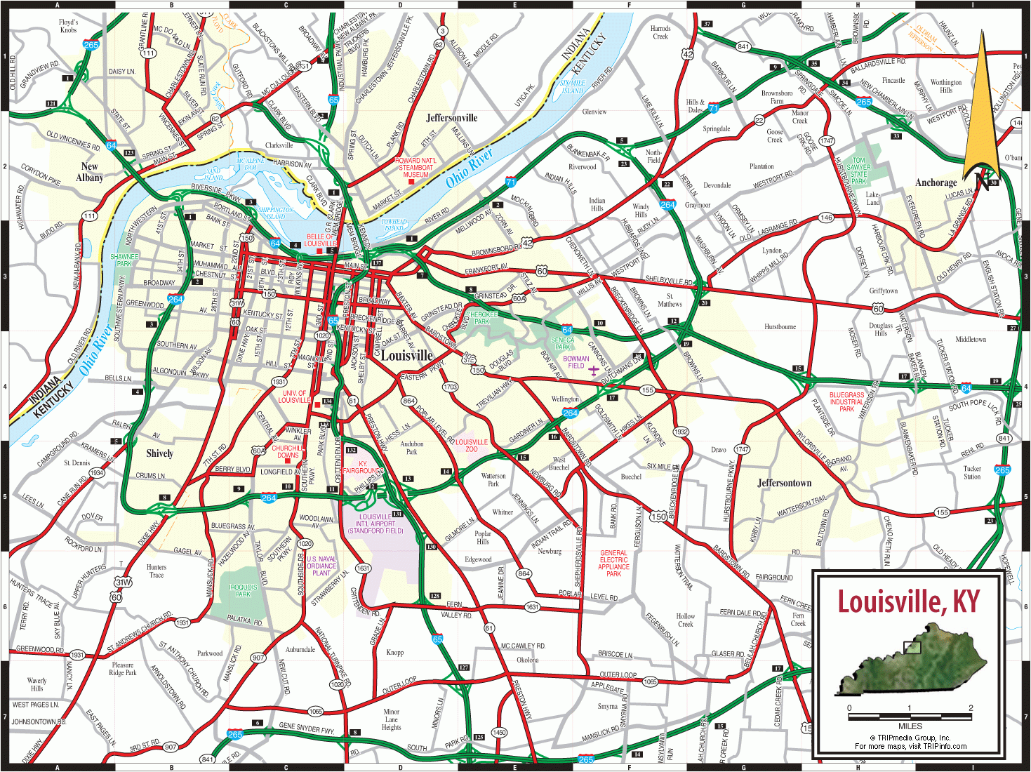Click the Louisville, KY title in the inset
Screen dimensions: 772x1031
tap(908, 602)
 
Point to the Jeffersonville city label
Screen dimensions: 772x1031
tap(451, 118)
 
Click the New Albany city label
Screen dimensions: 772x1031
tap(89, 172)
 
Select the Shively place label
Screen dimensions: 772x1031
tap(159, 453)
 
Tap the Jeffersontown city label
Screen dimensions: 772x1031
tap(784, 483)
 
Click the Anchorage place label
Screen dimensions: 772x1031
tap(936, 182)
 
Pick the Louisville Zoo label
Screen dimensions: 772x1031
tap(471, 446)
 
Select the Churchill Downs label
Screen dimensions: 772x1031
tap(288, 451)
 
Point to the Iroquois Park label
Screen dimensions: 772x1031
tap(243, 590)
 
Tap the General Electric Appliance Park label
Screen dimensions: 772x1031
tap(613, 563)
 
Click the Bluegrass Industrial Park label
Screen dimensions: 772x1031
tap(846, 401)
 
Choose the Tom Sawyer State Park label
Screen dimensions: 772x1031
tap(858, 171)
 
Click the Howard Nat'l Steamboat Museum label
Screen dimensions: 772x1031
tap(415, 167)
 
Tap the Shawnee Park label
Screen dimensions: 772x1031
tap(124, 260)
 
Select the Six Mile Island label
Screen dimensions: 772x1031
tap(572, 86)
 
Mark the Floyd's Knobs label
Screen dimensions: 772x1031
tap(68, 26)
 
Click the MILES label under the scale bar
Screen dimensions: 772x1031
tap(910, 726)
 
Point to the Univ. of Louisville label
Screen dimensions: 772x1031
tap(294, 397)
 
